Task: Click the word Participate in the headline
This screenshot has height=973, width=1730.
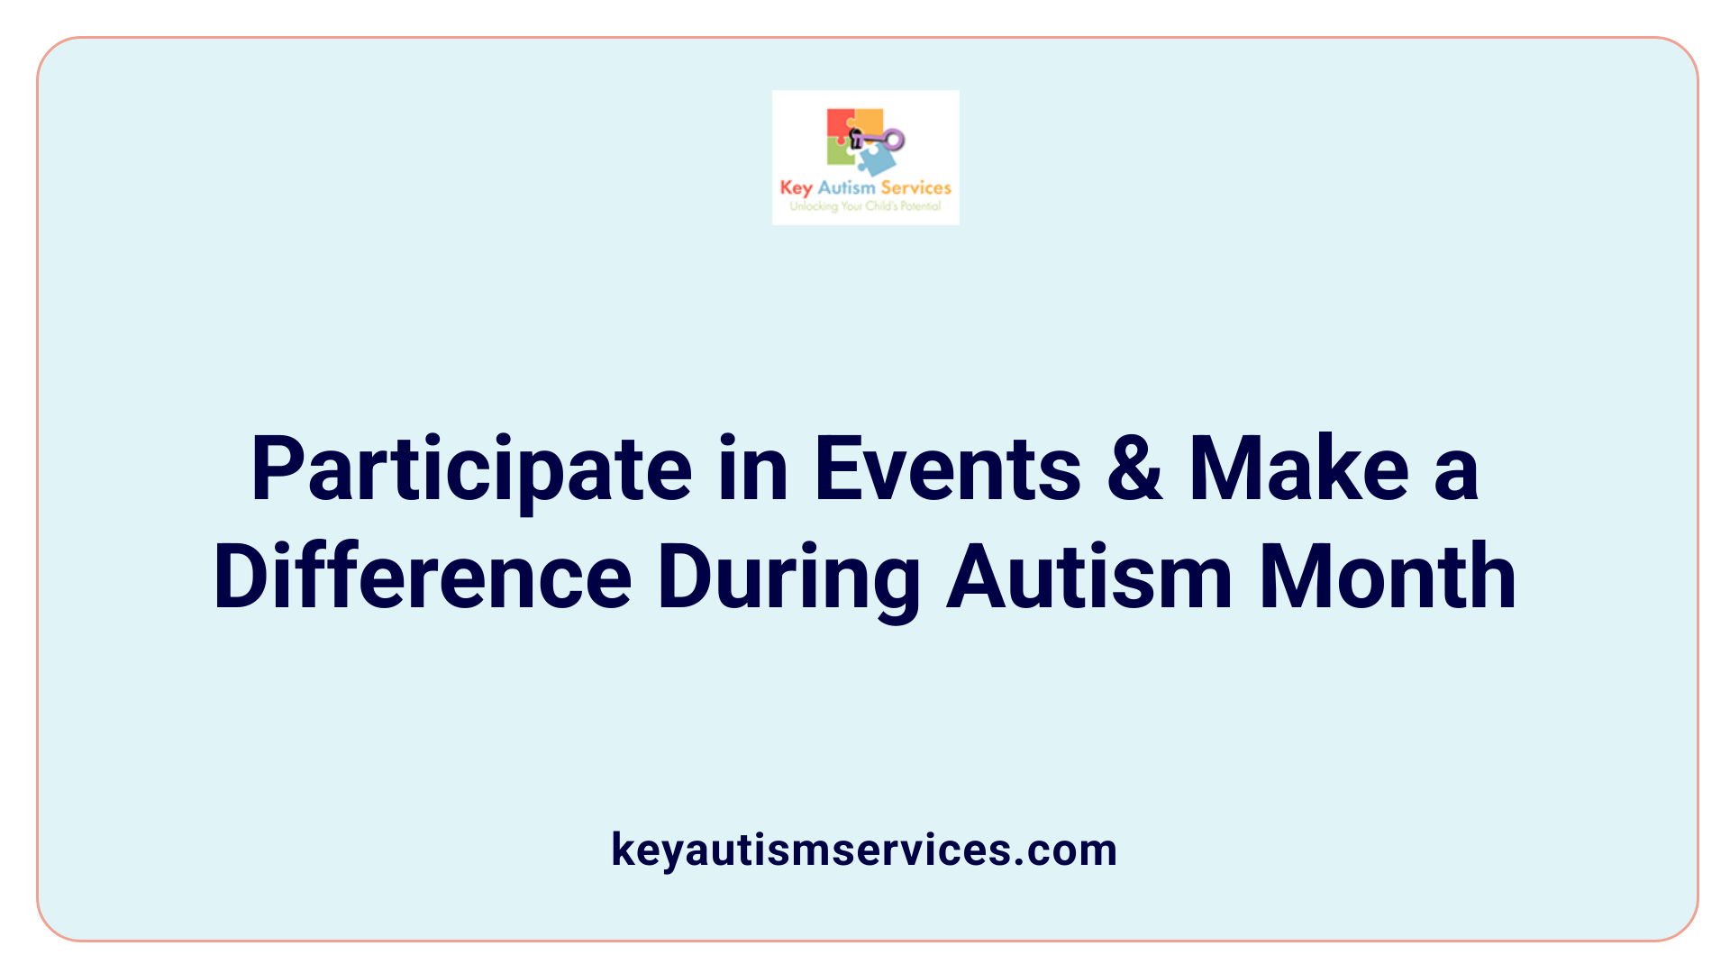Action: pos(471,470)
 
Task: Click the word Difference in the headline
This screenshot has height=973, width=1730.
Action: pos(423,577)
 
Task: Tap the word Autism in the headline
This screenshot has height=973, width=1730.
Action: pos(1089,577)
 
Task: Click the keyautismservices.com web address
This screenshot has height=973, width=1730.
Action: pos(864,850)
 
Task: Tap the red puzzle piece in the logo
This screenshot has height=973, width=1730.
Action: pos(839,123)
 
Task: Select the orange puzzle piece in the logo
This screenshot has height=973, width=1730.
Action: pos(869,121)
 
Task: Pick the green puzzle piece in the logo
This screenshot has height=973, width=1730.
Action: pos(840,153)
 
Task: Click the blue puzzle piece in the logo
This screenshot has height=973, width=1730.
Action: pos(876,161)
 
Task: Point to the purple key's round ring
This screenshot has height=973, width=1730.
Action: pos(894,140)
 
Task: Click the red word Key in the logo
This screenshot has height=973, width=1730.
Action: pos(796,188)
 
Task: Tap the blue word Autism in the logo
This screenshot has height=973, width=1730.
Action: pos(846,187)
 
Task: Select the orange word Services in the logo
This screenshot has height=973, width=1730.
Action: pos(915,187)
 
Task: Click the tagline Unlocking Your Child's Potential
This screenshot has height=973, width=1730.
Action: pos(865,206)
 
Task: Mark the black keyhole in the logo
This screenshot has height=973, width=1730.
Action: pos(856,138)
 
